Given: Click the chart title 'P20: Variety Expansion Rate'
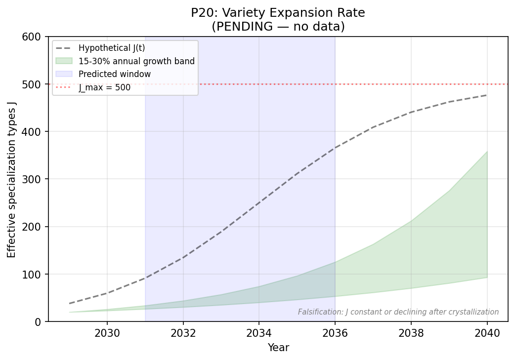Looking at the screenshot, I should pos(278,13).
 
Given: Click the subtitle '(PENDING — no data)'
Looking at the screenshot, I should pos(278,27).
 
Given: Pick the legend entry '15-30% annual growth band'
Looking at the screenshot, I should pos(136,61).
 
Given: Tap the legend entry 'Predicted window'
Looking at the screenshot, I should pos(115,74).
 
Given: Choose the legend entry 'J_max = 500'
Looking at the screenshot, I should pos(105,87).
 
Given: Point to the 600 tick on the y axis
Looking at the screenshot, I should pos(34,37).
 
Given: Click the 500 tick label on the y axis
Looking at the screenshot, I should pos(34,84).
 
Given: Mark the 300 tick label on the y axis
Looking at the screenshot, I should pos(34,179).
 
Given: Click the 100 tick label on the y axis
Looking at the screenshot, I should pos(34,274).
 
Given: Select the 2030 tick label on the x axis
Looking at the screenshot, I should pos(107,333).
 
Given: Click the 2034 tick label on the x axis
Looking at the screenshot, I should pos(259,333).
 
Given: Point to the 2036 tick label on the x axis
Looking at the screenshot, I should pos(335,333).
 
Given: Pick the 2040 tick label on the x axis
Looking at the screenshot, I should pos(487,333).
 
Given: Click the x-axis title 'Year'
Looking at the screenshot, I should pos(278,348).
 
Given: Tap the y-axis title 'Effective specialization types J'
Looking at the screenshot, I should pos(11,179).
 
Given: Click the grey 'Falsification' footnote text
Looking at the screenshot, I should pos(398,312).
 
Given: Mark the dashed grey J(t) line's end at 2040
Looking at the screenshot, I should pos(487,95).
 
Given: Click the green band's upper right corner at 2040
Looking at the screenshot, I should pos(487,152).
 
